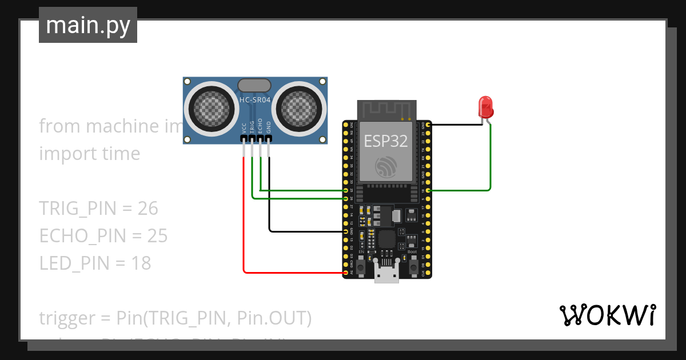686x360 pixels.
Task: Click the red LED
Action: [485, 107]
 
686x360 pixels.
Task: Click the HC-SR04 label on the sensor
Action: [255, 100]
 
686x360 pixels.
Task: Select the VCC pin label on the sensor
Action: [244, 128]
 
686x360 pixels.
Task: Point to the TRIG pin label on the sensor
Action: [252, 127]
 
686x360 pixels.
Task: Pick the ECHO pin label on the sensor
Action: [260, 127]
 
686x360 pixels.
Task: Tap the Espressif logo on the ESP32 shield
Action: [386, 166]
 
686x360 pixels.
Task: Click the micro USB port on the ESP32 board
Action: [386, 273]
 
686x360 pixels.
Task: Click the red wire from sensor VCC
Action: [244, 229]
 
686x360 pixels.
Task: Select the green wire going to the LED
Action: [490, 166]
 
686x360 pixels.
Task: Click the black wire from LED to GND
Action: [457, 124]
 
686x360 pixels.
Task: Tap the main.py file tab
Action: [88, 25]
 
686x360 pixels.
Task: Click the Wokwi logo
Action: [607, 315]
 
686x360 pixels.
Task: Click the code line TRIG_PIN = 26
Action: [98, 209]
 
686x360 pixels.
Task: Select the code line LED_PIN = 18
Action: [95, 263]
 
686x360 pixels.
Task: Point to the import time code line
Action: [89, 154]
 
